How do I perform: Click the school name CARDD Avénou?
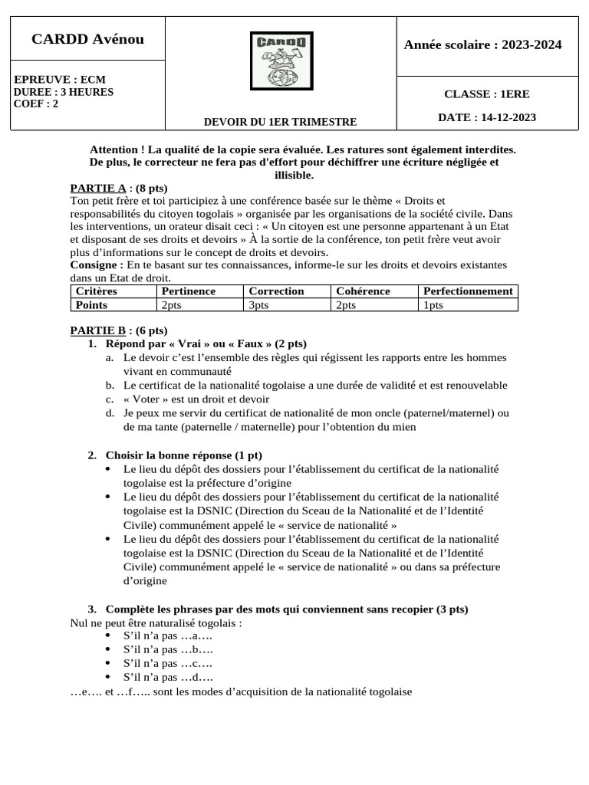87,39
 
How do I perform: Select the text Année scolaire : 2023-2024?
482,45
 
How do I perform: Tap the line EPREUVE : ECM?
60,80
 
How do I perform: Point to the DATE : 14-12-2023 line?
487,117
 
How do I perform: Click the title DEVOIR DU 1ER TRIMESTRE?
280,122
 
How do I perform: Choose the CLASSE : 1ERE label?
486,94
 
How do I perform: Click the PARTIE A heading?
98,188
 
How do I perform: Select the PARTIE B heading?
97,330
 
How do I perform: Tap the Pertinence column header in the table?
188,291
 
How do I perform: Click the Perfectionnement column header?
468,291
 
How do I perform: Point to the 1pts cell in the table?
433,304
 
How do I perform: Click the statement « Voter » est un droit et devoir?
196,399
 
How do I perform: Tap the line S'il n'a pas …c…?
168,663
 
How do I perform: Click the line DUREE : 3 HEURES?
64,92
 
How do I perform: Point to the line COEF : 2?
36,104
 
